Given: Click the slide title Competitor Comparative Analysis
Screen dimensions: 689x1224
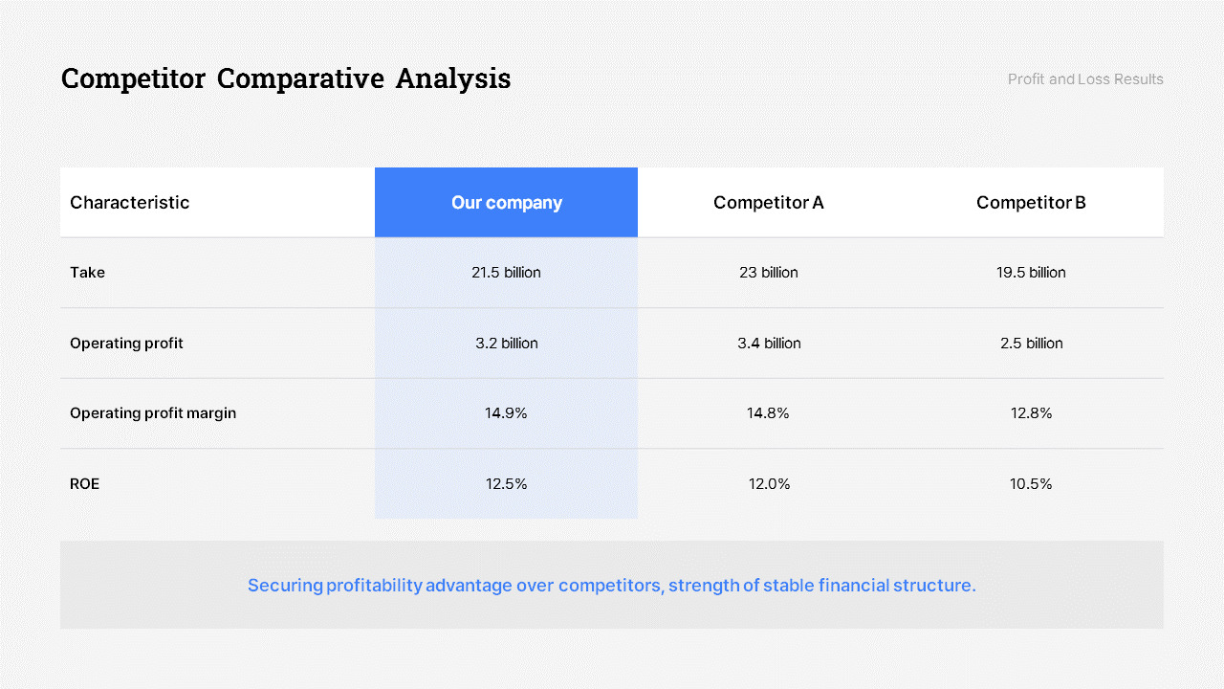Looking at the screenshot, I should (x=286, y=78).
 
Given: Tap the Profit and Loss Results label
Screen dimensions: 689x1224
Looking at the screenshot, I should (x=1085, y=79).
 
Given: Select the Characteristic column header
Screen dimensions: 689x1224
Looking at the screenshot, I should (x=130, y=203).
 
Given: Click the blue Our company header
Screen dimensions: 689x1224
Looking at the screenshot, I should (x=506, y=203).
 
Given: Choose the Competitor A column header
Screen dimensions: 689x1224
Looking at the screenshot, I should (x=768, y=203).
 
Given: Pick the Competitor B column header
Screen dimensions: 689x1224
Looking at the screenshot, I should (x=1031, y=203).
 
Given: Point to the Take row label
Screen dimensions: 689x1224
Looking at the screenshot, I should (x=88, y=273).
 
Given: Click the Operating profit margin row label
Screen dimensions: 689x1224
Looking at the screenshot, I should (x=153, y=413).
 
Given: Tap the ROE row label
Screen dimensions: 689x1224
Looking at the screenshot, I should (x=85, y=484).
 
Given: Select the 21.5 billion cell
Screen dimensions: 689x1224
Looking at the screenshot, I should (x=506, y=273).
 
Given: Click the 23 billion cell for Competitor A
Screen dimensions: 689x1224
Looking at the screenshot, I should (x=768, y=273).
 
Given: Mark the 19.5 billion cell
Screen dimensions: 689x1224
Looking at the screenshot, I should (x=1031, y=273).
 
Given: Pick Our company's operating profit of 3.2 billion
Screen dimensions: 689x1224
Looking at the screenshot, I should (x=506, y=344).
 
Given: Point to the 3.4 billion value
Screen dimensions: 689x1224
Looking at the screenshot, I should (x=769, y=344).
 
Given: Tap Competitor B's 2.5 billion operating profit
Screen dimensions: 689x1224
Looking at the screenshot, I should (x=1031, y=344).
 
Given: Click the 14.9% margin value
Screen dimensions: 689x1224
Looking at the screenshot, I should (x=506, y=413).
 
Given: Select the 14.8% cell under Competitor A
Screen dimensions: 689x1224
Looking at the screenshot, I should (x=768, y=413).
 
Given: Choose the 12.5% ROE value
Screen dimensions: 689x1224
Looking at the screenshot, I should (x=506, y=484).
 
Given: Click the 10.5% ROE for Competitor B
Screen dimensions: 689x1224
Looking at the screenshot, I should (x=1031, y=484).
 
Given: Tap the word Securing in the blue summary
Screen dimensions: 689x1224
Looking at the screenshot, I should (x=285, y=586).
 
